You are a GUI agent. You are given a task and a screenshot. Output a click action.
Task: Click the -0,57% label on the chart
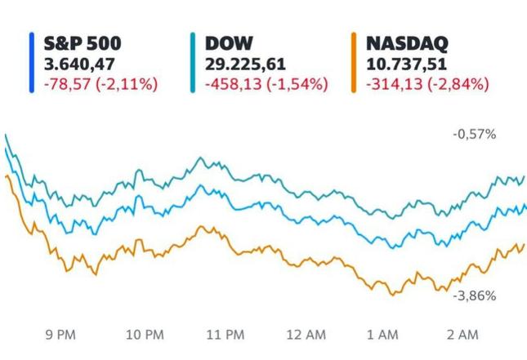pos(474,134)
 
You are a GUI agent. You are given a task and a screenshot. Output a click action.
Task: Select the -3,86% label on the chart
pos(474,296)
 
